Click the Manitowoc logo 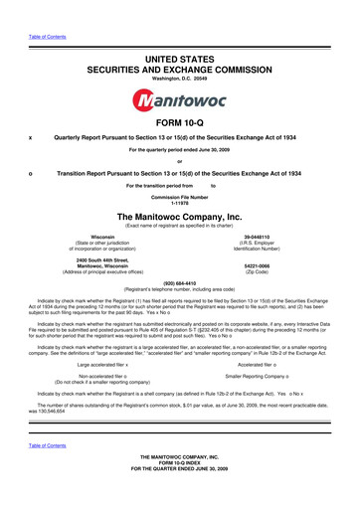[x=179, y=102]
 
